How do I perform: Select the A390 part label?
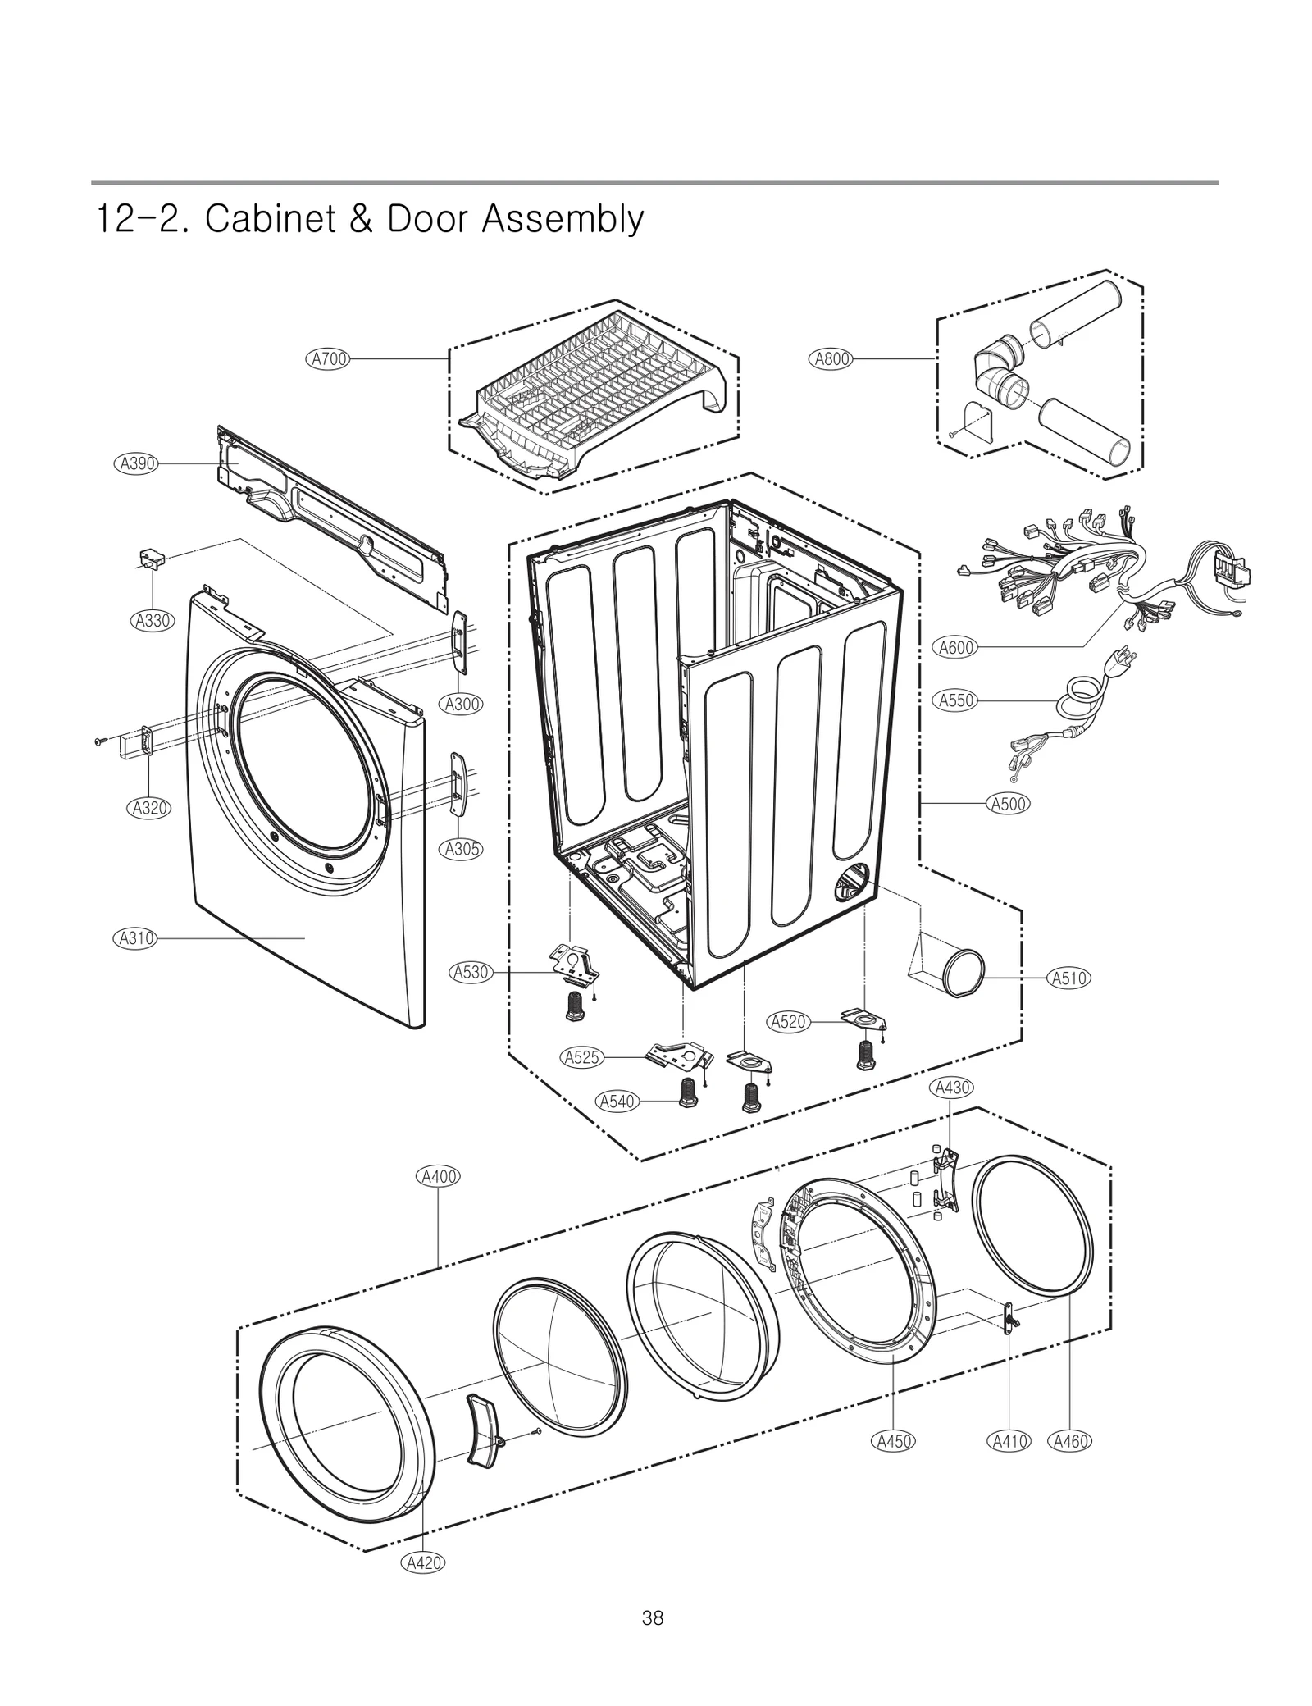pyautogui.click(x=135, y=463)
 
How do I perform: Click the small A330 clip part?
pyautogui.click(x=149, y=559)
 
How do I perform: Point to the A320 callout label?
pyautogui.click(x=149, y=808)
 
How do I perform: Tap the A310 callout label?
pyautogui.click(x=134, y=937)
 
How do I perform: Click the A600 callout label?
pyautogui.click(x=955, y=647)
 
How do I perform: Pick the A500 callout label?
pyautogui.click(x=1008, y=804)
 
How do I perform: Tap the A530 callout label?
pyautogui.click(x=471, y=972)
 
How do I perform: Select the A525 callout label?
pyautogui.click(x=582, y=1057)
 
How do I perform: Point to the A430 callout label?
pyautogui.click(x=952, y=1088)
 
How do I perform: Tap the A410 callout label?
pyautogui.click(x=1009, y=1441)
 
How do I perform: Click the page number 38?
pyautogui.click(x=653, y=1617)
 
